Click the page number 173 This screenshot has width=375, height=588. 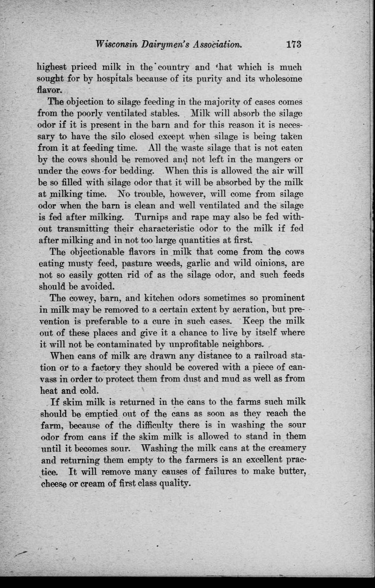click(294, 44)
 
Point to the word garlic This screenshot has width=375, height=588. click(200, 263)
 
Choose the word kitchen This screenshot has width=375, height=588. click(160, 298)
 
